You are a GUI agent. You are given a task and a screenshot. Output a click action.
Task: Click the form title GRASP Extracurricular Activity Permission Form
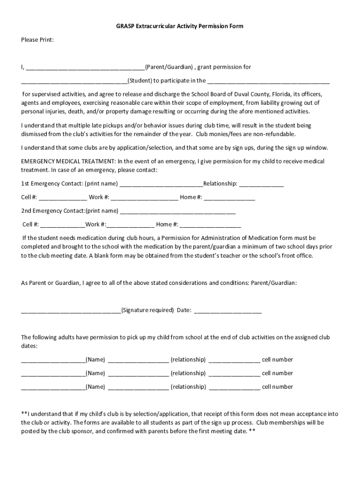point(180,27)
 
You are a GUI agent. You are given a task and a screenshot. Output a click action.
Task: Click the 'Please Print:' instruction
point(37,40)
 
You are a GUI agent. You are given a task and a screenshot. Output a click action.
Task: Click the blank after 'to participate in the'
point(268,81)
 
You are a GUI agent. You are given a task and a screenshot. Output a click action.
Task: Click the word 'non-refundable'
point(274,134)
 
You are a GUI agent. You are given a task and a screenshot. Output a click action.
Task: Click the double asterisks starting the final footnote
point(24,414)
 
